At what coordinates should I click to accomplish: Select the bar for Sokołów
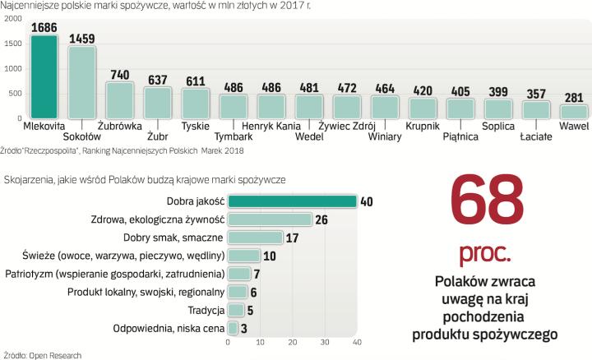81,83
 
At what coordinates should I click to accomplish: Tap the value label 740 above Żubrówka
119,73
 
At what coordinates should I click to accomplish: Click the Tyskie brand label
195,127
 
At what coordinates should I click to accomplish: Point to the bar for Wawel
574,112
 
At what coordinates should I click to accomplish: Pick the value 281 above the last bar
574,96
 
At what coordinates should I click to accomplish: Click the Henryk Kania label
271,127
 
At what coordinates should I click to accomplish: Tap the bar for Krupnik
423,108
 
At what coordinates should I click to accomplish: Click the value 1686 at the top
44,27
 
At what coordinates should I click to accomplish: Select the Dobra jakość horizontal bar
292,201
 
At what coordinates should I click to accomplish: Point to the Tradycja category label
201,311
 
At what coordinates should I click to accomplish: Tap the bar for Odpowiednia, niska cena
233,329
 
